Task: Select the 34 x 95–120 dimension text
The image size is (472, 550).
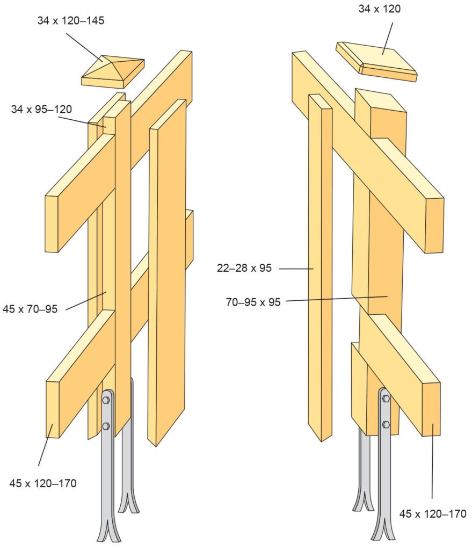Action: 41,110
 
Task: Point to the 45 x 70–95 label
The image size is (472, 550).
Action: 37,308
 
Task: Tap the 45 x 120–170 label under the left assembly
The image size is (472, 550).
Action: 43,483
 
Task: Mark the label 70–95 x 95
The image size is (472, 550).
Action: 253,302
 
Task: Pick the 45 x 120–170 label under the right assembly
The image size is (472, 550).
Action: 433,514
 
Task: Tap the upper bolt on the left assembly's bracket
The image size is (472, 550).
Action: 106,400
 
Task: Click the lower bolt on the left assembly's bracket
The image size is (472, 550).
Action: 106,426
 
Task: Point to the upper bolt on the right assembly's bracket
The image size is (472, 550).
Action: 386,399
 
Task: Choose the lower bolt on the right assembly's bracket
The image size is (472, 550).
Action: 386,424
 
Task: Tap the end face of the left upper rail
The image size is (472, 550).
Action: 51,224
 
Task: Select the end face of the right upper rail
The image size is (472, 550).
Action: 434,226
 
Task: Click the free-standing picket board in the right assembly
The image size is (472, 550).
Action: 320,269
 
